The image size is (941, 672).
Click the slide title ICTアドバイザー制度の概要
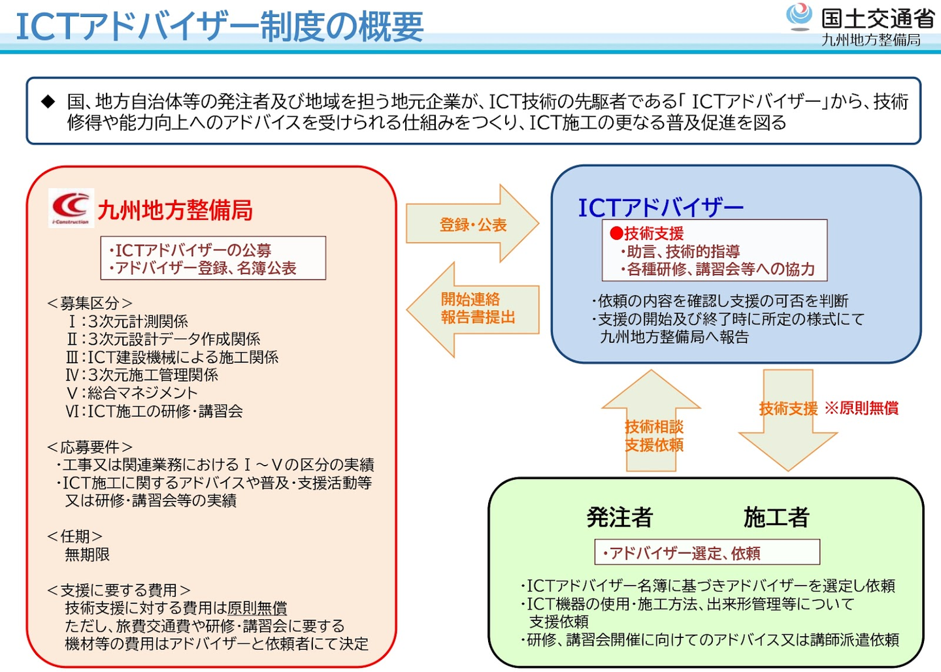pyautogui.click(x=220, y=26)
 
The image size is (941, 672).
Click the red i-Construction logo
pyautogui.click(x=71, y=208)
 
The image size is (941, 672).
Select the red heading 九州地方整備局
pyautogui.click(x=175, y=210)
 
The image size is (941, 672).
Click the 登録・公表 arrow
pyautogui.click(x=473, y=224)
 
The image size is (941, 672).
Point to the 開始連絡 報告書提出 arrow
pyautogui.click(x=473, y=309)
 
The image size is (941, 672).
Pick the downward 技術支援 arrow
pyautogui.click(x=787, y=418)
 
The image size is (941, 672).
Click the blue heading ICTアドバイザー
pyautogui.click(x=661, y=208)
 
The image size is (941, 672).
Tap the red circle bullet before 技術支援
pyautogui.click(x=616, y=233)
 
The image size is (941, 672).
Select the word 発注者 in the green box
pyautogui.click(x=619, y=517)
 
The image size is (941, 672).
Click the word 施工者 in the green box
pyautogui.click(x=776, y=517)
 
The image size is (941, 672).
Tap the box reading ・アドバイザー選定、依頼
pyautogui.click(x=707, y=553)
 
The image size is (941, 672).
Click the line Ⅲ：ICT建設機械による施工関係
pyautogui.click(x=173, y=357)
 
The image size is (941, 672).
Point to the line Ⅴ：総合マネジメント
pyautogui.click(x=132, y=393)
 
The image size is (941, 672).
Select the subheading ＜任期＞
pyautogui.click(x=74, y=536)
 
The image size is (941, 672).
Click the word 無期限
pyautogui.click(x=87, y=554)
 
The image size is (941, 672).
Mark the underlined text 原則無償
pyautogui.click(x=257, y=608)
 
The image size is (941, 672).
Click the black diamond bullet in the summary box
pyautogui.click(x=48, y=101)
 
